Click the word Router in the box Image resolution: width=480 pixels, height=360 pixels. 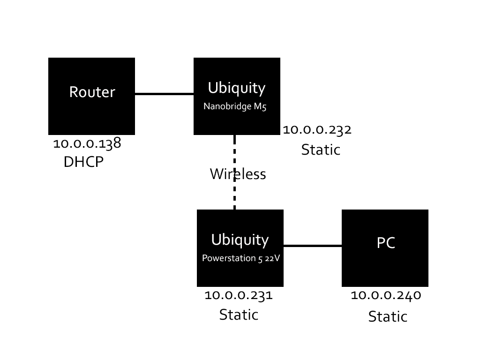point(92,92)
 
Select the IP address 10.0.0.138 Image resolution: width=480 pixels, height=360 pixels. point(87,143)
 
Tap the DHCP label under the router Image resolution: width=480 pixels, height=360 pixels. point(83,162)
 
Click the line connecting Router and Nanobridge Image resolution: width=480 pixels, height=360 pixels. point(164,94)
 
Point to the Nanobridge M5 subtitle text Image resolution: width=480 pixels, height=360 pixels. point(235,106)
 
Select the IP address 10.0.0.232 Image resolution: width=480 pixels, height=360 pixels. point(317,130)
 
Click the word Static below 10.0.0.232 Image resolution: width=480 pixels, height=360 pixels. point(321,150)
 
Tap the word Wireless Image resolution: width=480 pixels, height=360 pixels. point(238,174)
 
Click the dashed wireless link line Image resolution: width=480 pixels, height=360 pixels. point(234,197)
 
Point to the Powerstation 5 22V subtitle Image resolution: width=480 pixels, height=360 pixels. point(240,258)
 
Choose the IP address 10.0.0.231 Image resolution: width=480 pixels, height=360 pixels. point(239,295)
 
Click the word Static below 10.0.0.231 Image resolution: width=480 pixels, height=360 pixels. point(239,315)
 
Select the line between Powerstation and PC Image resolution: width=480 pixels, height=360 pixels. point(313,246)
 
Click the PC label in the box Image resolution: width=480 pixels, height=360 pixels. point(386,243)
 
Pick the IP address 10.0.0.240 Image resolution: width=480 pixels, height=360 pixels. point(386,295)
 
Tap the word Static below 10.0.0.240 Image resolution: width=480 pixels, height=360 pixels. point(388,317)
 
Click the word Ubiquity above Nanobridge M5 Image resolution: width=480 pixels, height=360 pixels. point(236,88)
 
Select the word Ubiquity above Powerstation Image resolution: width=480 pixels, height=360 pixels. point(240,240)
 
